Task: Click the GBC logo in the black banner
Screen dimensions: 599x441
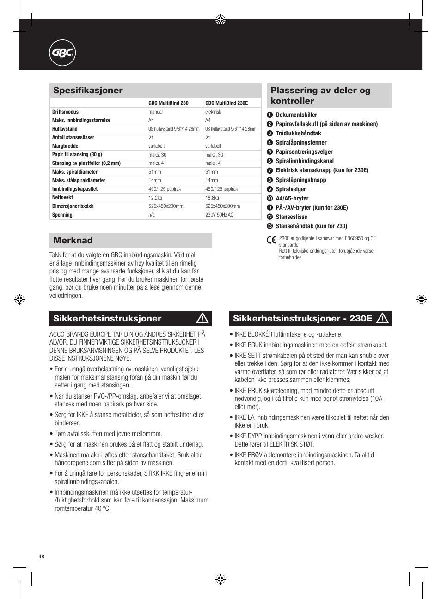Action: point(62,53)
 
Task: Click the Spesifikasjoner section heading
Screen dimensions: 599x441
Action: point(88,91)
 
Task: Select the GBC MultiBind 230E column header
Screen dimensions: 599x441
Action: point(227,103)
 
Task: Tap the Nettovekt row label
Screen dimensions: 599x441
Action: point(63,198)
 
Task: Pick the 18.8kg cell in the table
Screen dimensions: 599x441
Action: point(212,198)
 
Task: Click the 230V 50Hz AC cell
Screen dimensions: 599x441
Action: point(219,215)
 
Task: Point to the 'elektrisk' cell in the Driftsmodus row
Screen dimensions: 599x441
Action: point(213,112)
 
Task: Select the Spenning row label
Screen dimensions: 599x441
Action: point(62,215)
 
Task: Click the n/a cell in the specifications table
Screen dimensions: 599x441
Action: point(152,215)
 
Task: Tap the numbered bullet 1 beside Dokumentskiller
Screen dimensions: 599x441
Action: point(270,115)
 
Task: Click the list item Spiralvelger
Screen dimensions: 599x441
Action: point(291,189)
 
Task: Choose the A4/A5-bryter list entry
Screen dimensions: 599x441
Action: point(292,199)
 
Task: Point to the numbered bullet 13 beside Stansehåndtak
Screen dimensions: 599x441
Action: point(270,226)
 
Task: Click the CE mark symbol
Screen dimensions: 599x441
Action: point(271,240)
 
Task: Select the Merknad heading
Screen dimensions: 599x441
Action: point(73,241)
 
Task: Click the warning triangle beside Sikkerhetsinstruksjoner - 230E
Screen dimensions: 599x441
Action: point(382,318)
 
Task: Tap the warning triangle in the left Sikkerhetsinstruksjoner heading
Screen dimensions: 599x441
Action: point(202,318)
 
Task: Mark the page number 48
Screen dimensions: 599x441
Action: point(42,557)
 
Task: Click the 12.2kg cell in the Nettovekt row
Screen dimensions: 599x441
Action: point(155,198)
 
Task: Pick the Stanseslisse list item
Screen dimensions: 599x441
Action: point(291,217)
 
